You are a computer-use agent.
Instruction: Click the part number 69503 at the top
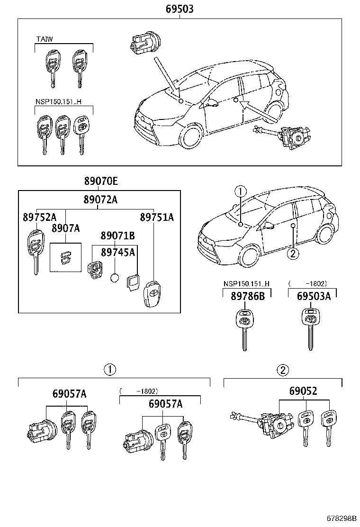[x=180, y=9]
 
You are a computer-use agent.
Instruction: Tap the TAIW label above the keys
[x=45, y=39]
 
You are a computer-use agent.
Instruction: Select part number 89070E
[x=101, y=181]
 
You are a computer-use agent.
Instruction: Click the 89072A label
[x=101, y=200]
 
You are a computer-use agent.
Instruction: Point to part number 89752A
[x=39, y=217]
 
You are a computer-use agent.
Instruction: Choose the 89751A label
[x=157, y=217]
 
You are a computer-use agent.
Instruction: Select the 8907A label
[x=66, y=228]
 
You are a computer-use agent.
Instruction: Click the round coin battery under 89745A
[x=114, y=278]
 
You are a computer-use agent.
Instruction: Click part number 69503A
[x=314, y=296]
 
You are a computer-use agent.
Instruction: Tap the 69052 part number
[x=304, y=391]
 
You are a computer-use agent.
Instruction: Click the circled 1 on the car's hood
[x=241, y=191]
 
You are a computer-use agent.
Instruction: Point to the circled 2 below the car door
[x=293, y=254]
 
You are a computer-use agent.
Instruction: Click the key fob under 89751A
[x=153, y=294]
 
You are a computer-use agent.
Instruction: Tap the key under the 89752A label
[x=35, y=249]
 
